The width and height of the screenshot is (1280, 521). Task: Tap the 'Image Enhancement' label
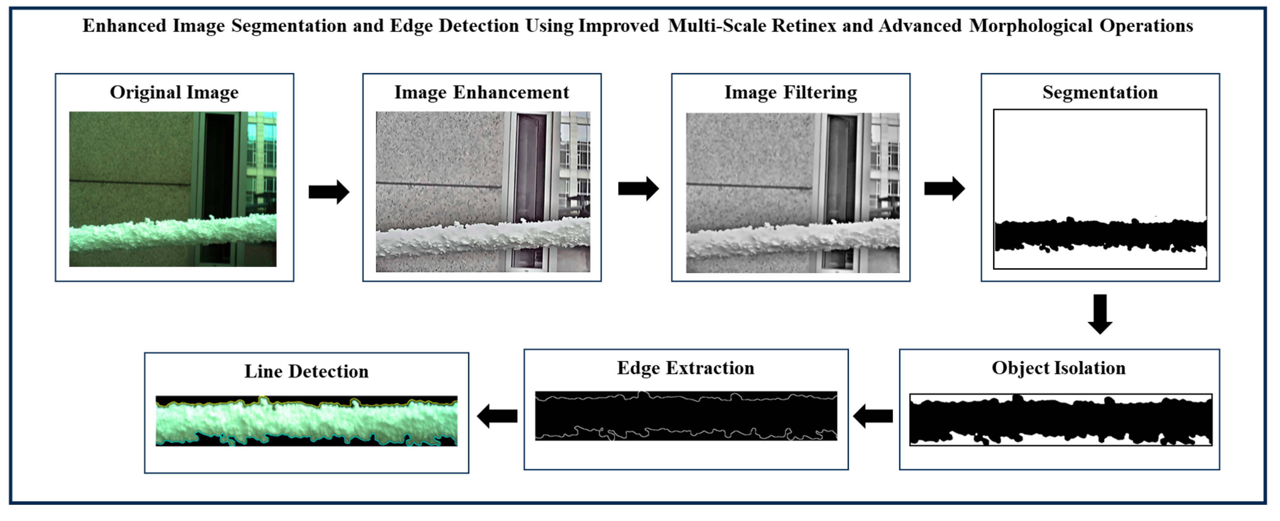click(x=481, y=92)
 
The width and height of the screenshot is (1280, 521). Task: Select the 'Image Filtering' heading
click(x=791, y=92)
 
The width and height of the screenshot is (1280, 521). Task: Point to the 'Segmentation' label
click(x=1100, y=92)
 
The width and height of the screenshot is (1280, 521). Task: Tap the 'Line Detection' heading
click(x=306, y=372)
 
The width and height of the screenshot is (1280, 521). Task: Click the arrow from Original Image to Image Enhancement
click(x=329, y=191)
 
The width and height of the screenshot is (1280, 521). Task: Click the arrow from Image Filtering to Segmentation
click(x=944, y=188)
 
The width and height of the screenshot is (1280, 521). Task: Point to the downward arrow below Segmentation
click(x=1100, y=314)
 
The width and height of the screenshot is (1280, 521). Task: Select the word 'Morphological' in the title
click(x=1031, y=26)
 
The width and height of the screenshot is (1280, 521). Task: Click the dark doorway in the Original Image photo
click(x=219, y=169)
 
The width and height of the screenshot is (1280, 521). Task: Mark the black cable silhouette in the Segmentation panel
click(x=1100, y=235)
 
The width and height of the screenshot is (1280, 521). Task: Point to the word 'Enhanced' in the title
click(x=124, y=26)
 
